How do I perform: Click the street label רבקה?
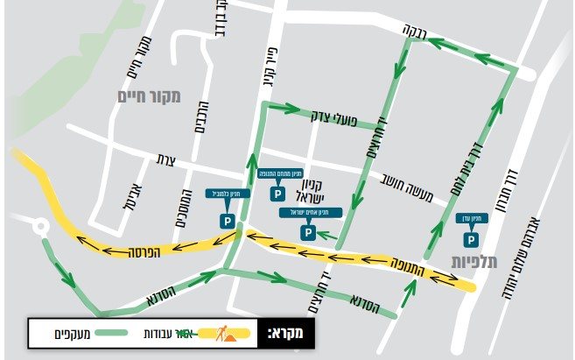coord(413,31)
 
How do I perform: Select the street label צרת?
coord(166,160)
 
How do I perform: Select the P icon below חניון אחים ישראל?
coord(307,232)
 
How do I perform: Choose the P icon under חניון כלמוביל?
coord(228,222)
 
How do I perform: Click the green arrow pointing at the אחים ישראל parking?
coord(327,235)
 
